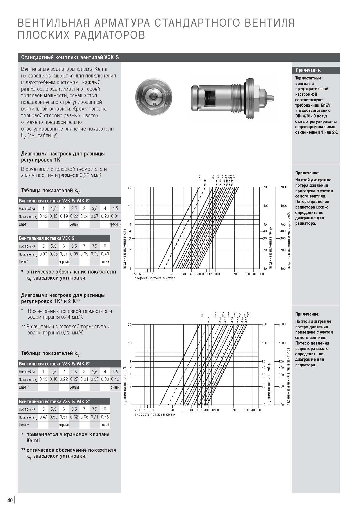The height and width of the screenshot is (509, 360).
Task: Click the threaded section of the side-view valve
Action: tap(239, 97)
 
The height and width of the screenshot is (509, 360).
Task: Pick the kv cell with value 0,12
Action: tap(44, 216)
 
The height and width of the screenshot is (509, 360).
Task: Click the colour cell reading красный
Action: tap(115, 224)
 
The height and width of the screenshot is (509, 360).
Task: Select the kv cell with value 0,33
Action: tap(44, 254)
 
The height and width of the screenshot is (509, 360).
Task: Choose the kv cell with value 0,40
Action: tap(105, 254)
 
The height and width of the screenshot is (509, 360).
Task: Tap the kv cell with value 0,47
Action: tap(44, 417)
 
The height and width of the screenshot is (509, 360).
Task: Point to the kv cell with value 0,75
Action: tap(105, 417)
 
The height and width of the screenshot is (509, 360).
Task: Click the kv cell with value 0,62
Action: tap(74, 417)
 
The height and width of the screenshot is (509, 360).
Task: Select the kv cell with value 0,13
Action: tap(44, 379)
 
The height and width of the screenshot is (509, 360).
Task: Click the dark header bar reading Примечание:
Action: tap(316, 70)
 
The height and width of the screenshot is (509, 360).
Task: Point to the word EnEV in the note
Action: tap(325, 105)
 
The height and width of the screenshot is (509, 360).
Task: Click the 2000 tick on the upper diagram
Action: tap(283, 187)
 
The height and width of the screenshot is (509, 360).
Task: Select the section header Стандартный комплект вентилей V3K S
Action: tap(70, 57)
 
